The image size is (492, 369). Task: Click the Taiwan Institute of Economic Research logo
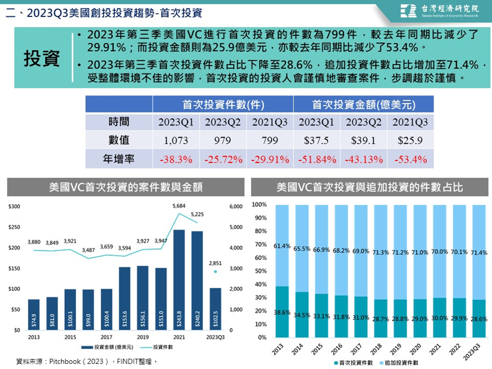point(439,11)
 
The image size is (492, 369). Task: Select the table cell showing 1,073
point(176,140)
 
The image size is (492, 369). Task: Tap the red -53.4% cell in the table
point(411,159)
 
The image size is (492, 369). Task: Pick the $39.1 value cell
point(363,140)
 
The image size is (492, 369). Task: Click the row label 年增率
point(119,159)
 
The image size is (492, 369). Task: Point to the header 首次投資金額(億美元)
point(363,105)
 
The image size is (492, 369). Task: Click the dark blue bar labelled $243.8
point(179,280)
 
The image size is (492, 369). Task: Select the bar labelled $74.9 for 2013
point(34,315)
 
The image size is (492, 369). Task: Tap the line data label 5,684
point(179,206)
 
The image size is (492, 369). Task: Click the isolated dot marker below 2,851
point(215,272)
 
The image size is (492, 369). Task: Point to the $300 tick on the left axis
point(14,206)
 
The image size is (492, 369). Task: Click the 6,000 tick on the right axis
point(236,206)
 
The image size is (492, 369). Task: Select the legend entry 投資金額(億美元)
point(108,347)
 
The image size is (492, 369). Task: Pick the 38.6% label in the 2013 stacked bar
point(282,313)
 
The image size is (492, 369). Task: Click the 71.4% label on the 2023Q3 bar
point(479,252)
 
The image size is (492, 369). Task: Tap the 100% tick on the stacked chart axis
point(259,205)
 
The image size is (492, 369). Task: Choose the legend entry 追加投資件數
point(399,363)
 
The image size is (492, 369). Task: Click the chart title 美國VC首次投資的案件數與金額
point(126,187)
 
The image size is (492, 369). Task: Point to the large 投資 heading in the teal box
point(42,58)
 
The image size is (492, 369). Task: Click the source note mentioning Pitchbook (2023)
point(86,362)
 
